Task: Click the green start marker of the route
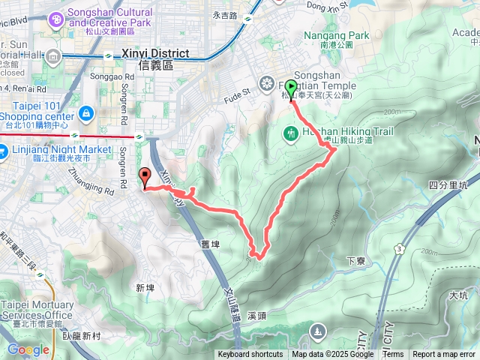tap(291, 88)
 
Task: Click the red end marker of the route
tap(145, 176)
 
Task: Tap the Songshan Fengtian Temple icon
tap(267, 82)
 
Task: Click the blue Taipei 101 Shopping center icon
tap(87, 112)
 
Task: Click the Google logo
tap(28, 349)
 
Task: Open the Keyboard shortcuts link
tap(250, 355)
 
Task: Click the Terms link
tap(393, 355)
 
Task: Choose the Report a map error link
tap(445, 355)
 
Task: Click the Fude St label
tap(236, 97)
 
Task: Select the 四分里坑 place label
tap(448, 184)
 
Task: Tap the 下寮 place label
tap(355, 260)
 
